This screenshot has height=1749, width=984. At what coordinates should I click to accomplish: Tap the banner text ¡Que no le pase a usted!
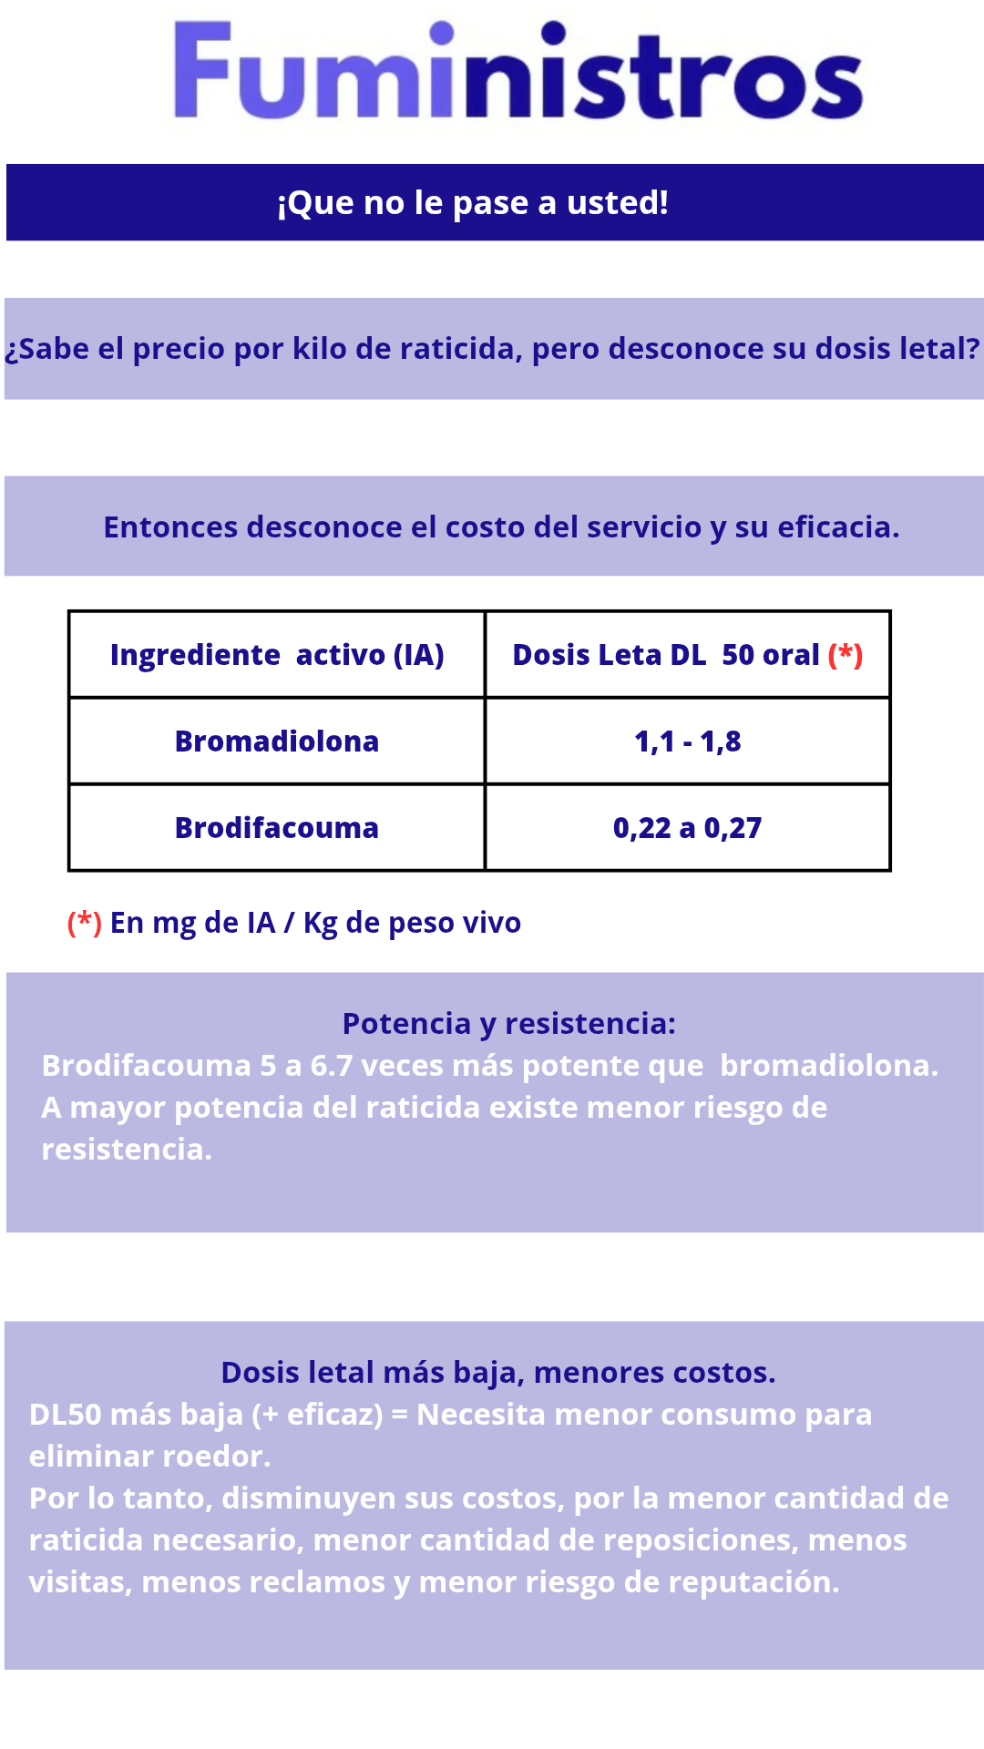(472, 203)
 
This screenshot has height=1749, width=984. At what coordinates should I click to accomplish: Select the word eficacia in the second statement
(837, 527)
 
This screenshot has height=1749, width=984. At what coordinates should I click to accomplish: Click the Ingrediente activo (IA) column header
(277, 655)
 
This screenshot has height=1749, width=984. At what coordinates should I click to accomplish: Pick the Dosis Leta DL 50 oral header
(666, 655)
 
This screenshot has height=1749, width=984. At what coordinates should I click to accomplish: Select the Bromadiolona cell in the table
(277, 742)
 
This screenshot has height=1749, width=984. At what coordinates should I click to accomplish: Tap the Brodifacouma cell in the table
(277, 828)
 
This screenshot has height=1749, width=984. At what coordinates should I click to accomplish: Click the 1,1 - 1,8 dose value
(687, 742)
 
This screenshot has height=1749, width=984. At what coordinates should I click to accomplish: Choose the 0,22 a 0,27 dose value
(687, 828)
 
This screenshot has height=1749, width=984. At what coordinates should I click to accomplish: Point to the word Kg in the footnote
(320, 924)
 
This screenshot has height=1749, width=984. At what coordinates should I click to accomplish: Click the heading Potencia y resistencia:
(508, 1024)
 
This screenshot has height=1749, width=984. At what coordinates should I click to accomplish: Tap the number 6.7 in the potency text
(332, 1066)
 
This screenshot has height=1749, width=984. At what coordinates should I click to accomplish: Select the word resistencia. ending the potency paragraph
(127, 1150)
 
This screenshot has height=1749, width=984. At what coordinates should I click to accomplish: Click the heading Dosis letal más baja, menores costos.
(497, 1373)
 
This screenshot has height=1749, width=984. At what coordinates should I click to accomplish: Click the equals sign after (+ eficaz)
(399, 1415)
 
